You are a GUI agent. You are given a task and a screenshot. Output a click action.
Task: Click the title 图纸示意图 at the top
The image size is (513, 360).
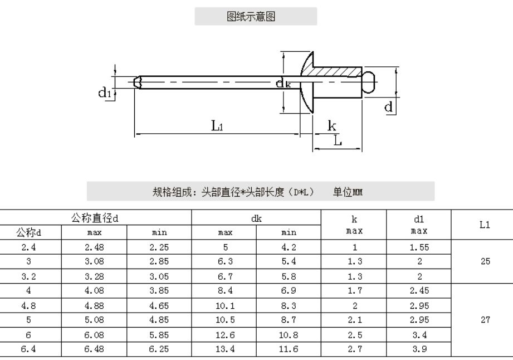click(251, 16)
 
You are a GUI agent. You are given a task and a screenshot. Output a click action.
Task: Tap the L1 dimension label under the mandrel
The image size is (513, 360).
click(217, 126)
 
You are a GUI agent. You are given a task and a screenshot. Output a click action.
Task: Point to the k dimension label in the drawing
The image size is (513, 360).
click(332, 125)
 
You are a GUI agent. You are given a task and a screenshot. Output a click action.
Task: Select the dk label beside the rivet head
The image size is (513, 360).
click(284, 83)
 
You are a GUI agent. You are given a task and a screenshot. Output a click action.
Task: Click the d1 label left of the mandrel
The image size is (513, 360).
click(105, 93)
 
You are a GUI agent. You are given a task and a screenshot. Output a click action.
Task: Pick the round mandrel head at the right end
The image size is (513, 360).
click(368, 82)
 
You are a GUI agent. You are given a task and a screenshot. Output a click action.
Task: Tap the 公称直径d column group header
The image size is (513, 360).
click(95, 218)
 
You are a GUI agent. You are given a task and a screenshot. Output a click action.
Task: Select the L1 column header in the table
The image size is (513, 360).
click(485, 225)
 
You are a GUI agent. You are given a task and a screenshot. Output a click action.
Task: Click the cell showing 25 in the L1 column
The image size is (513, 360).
click(485, 261)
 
